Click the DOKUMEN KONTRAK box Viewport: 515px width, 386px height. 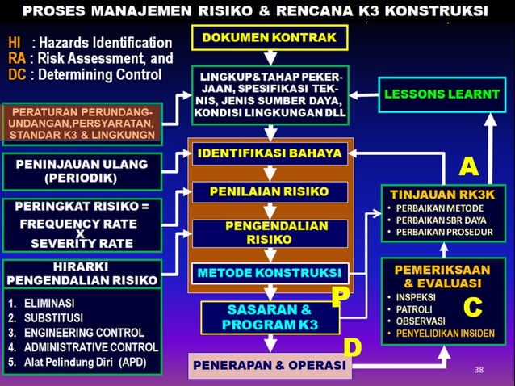point(270,38)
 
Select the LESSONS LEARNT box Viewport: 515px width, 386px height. point(441,94)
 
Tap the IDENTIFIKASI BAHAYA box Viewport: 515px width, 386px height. point(270,152)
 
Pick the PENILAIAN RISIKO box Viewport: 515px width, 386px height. point(270,192)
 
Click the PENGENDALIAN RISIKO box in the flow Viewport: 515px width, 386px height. point(270,233)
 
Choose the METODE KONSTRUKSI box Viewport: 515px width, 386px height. point(270,273)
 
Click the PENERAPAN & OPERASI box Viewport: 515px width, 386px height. point(270,366)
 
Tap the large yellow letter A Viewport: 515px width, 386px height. point(469,166)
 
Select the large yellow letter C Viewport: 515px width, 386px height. point(472,308)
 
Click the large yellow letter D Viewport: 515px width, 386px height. point(352,348)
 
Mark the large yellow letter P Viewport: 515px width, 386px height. point(341,296)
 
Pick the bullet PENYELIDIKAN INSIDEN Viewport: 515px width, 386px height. point(446,334)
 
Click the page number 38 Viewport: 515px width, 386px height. point(481,369)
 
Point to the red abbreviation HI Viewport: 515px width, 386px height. point(15,42)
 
